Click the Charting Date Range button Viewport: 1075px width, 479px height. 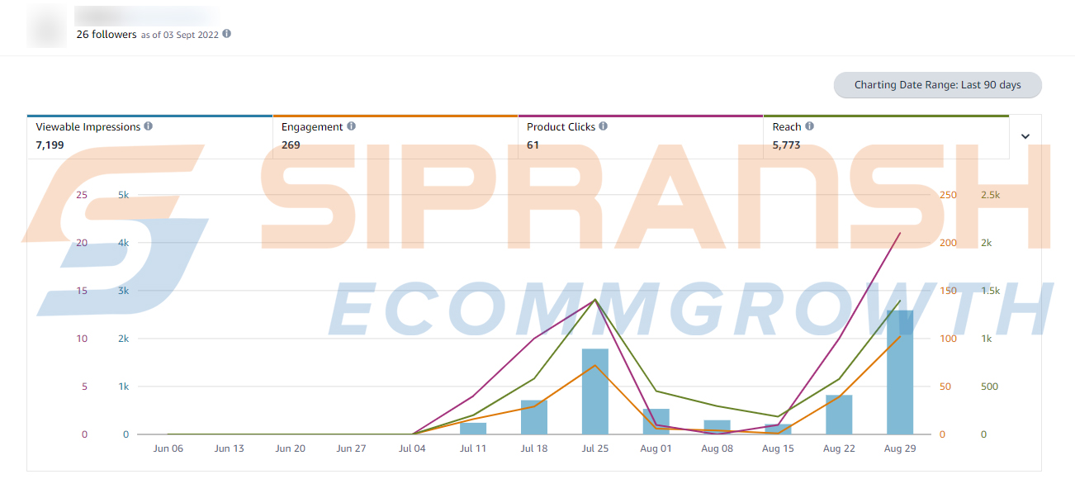(x=937, y=85)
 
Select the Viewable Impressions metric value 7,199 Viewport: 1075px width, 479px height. (x=50, y=145)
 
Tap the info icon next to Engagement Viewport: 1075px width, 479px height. (x=351, y=126)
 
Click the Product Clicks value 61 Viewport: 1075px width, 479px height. (x=533, y=145)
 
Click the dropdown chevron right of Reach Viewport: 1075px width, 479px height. (x=1025, y=136)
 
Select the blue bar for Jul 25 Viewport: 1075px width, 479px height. (x=595, y=391)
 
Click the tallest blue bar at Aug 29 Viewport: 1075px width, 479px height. (x=900, y=372)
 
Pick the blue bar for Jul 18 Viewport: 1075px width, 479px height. (x=534, y=417)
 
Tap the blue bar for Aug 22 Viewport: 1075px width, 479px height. (x=839, y=415)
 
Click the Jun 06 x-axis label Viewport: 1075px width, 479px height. (x=168, y=448)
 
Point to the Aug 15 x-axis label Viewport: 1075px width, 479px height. (x=778, y=448)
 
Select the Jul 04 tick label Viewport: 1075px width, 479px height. (x=412, y=448)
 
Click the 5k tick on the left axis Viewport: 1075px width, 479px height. (x=123, y=195)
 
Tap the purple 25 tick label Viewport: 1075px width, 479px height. (x=81, y=195)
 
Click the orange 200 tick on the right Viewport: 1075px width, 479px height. (x=948, y=243)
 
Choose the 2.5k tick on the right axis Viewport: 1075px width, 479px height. (x=990, y=195)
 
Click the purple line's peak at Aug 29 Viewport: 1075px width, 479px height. (x=900, y=233)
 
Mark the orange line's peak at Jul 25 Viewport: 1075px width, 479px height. (x=595, y=365)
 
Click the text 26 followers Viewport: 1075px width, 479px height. (x=107, y=35)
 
